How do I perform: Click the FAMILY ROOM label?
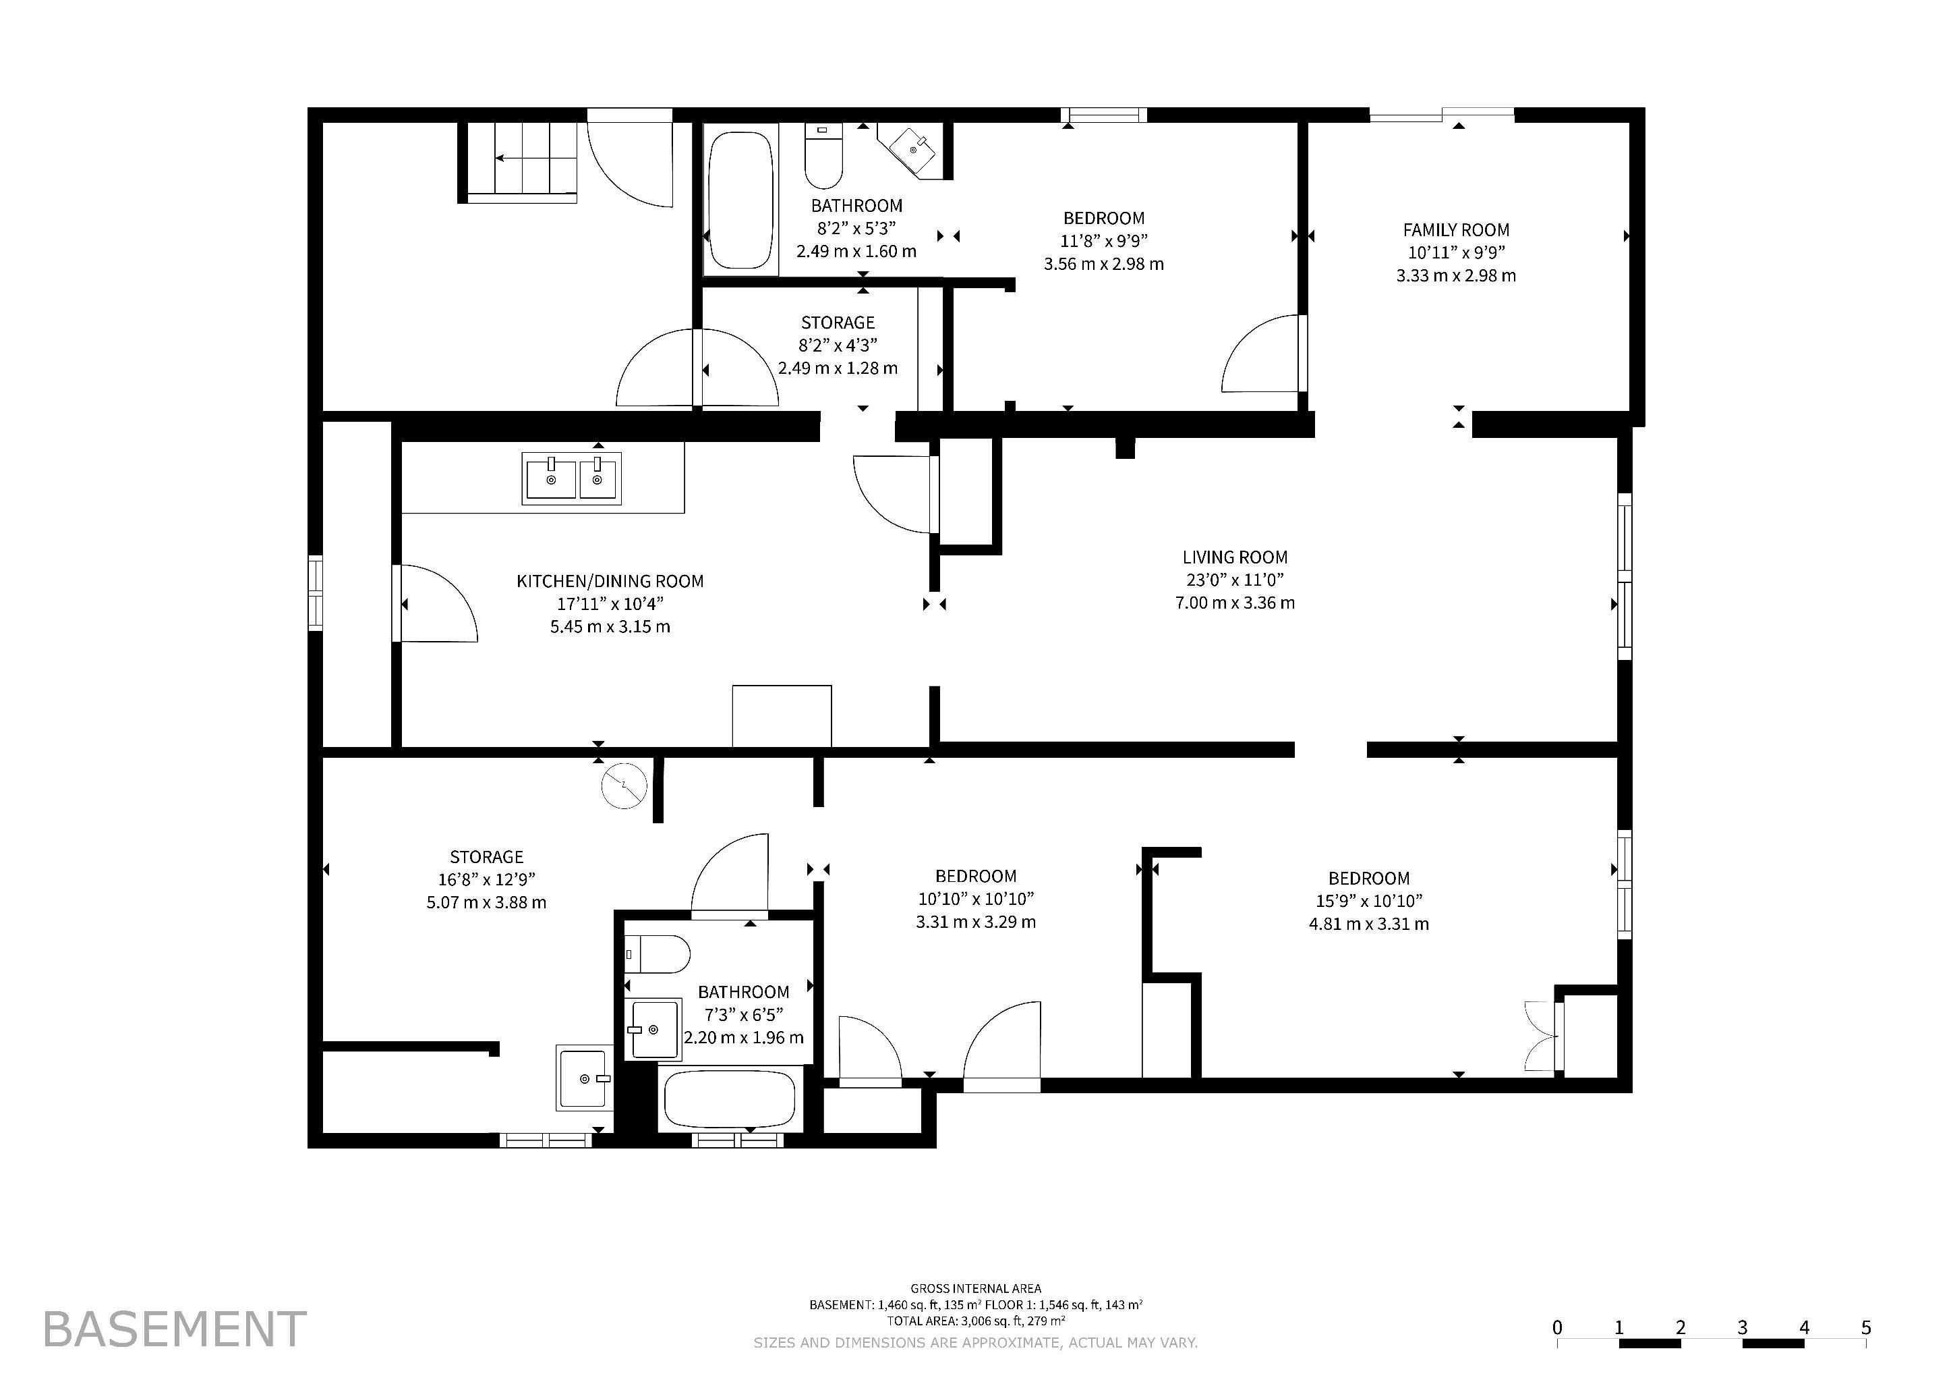coord(1455,229)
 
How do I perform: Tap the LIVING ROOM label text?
coord(1234,557)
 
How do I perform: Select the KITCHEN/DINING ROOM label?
coord(610,581)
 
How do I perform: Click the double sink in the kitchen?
coord(572,478)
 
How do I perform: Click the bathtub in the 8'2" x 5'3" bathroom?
coord(741,201)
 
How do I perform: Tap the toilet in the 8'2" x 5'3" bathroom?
coord(823,156)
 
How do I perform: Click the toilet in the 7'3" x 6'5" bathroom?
coord(657,954)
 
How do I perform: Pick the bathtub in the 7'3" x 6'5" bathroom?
coord(729,1099)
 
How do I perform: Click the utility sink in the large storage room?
coord(585,1078)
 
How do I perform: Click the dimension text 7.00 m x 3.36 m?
coord(1234,603)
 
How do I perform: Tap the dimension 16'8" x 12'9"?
coord(486,880)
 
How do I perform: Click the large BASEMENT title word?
coord(175,1329)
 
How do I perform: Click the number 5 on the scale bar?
coord(1866,1327)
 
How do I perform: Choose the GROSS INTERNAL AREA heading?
coord(976,1288)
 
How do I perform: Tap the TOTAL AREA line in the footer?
coord(976,1321)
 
